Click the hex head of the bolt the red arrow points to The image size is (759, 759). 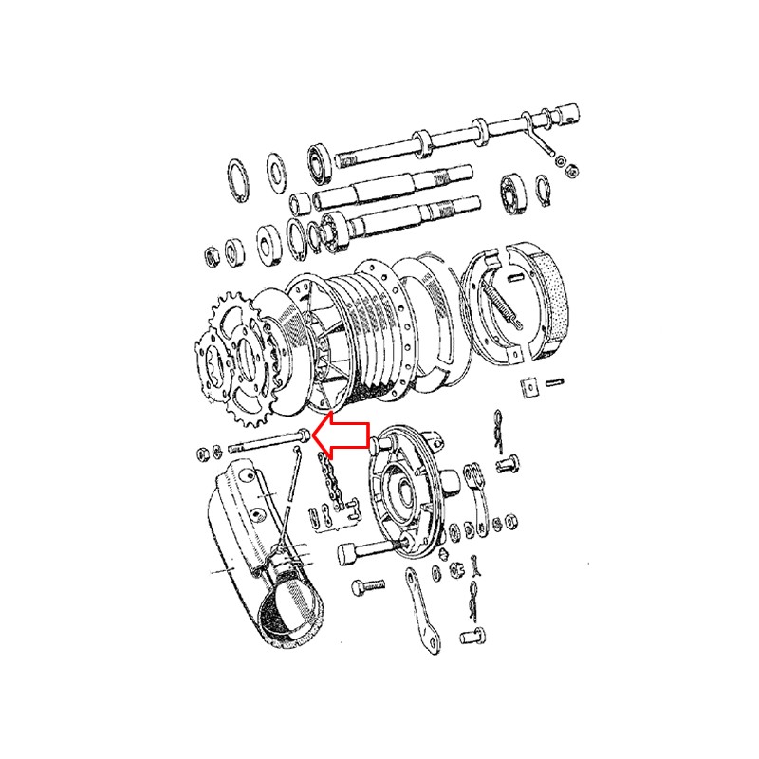click(302, 435)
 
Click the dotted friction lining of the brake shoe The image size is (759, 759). click(551, 304)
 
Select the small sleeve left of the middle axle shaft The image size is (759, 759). click(299, 202)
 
